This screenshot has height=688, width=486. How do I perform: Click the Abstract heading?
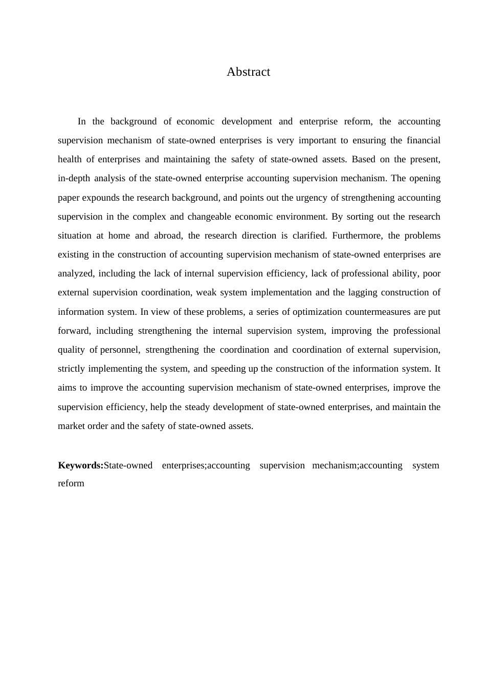pos(248,72)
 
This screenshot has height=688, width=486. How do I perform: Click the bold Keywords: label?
pos(81,465)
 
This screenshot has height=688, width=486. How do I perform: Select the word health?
pos(70,159)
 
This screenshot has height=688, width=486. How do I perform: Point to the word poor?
pos(431,273)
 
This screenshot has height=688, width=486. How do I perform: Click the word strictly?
pos(72,369)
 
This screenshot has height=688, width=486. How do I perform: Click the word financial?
pos(423,140)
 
